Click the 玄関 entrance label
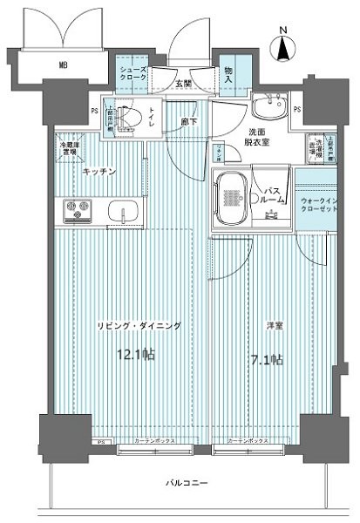point(183,84)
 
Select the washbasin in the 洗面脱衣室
point(273,108)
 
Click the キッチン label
point(98,172)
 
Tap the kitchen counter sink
point(124,212)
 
